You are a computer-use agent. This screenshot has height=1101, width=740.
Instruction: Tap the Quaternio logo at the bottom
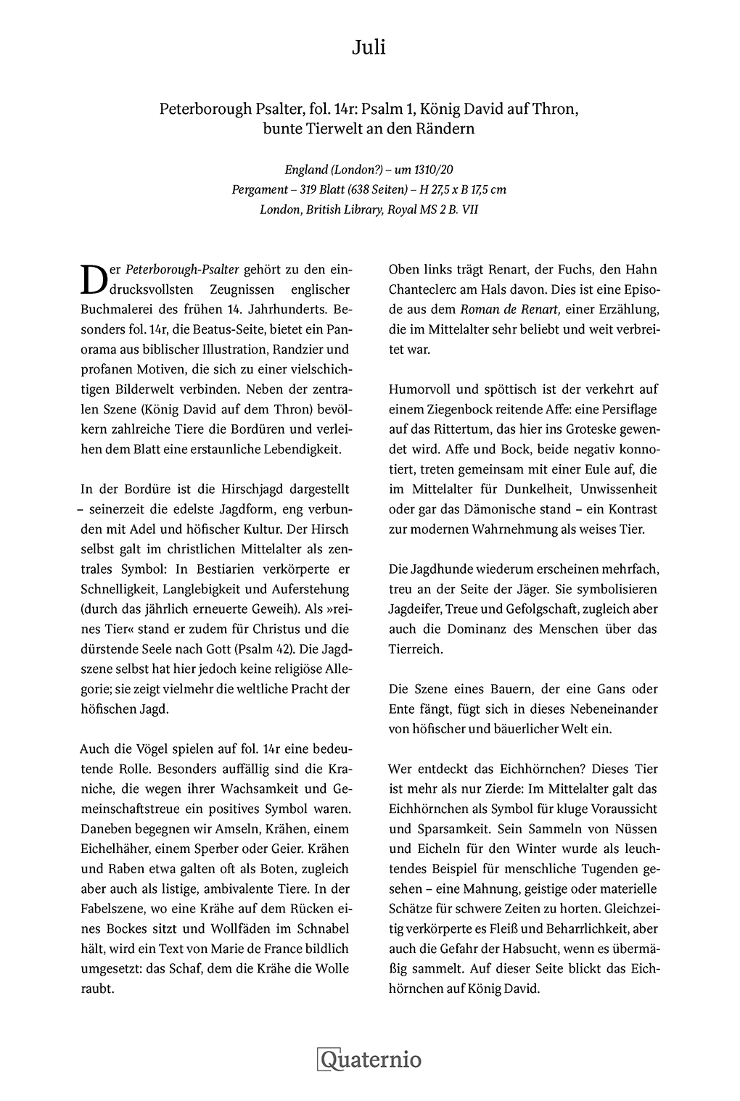(369, 1059)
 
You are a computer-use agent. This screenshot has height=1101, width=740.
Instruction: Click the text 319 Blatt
(321, 189)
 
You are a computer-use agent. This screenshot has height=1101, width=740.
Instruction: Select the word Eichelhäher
(115, 849)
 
